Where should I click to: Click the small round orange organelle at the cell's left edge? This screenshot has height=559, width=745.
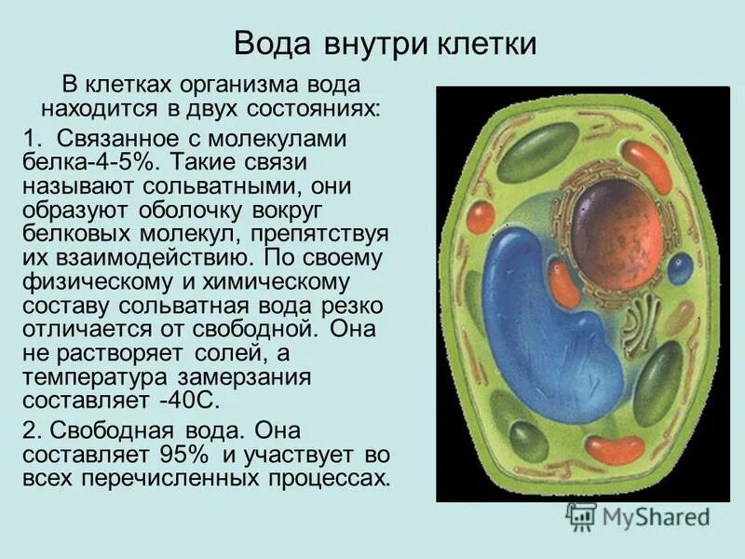pos(481,216)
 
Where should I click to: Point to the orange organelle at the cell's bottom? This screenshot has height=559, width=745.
pos(616,450)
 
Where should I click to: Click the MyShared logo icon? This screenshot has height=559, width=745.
pos(581,517)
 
